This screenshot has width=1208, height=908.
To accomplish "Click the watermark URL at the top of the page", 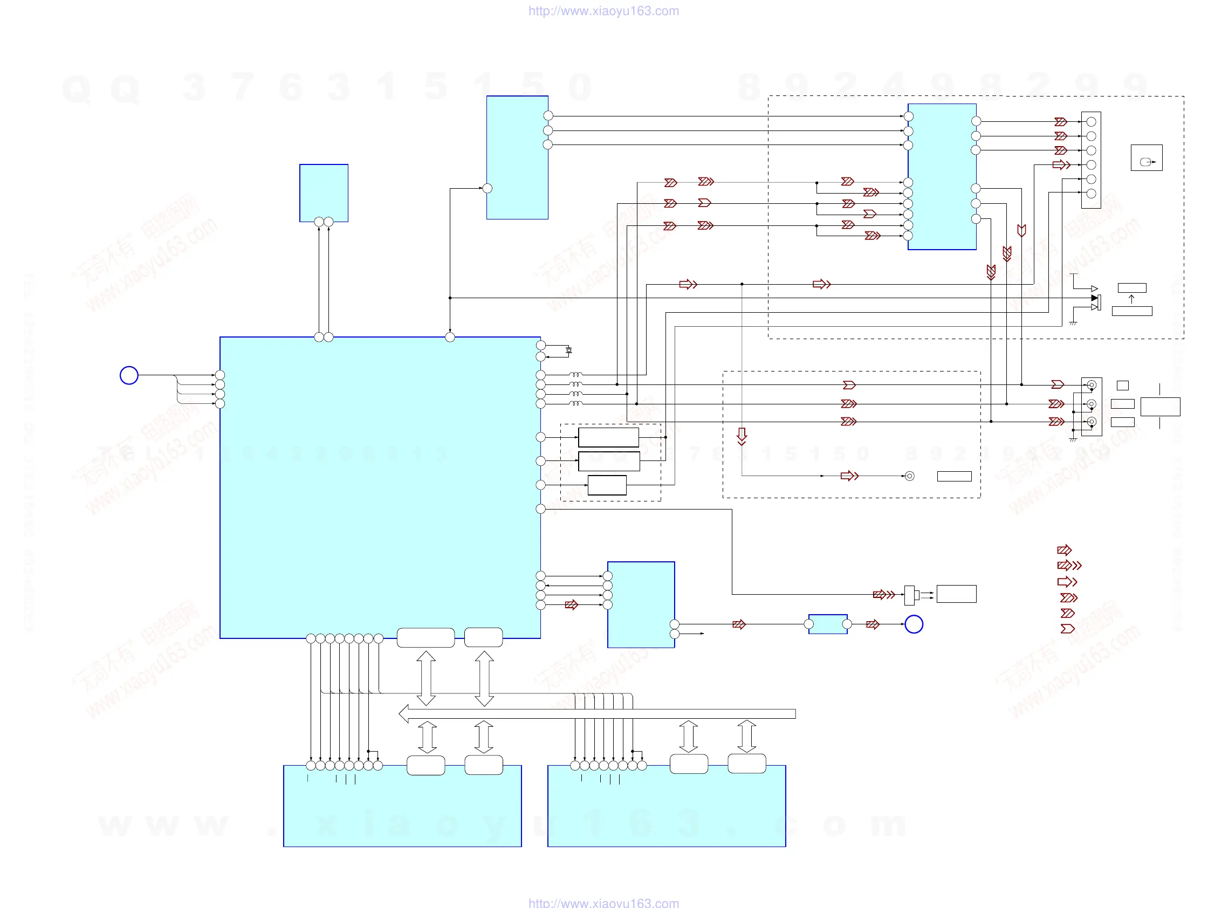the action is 603,11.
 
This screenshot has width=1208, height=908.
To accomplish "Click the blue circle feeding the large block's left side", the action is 129,375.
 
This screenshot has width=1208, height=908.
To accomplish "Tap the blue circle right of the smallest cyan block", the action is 914,624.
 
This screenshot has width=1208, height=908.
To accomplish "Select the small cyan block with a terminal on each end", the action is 827,624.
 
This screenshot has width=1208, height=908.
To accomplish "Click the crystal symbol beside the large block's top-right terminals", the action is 568,350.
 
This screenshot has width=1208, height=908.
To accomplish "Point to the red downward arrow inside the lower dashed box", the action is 742,436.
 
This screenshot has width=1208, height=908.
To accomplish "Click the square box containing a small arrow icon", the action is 1147,158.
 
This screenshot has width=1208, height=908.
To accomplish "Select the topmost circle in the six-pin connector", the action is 1091,122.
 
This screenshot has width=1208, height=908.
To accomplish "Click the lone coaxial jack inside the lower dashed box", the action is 909,476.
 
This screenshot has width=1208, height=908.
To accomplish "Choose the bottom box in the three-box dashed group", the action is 607,485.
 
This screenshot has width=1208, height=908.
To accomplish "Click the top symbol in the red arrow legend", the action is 1065,550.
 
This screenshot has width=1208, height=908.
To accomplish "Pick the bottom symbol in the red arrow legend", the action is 1068,629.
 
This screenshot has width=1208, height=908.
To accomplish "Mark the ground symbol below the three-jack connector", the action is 1073,439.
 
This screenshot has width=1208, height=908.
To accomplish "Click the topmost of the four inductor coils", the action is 575,375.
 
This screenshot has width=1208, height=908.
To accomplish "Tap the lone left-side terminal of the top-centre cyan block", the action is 488,188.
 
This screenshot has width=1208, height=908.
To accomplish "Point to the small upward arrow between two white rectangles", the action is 1131,299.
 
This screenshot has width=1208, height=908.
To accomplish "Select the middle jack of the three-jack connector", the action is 1092,404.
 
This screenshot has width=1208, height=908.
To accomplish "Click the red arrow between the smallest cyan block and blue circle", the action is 873,624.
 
